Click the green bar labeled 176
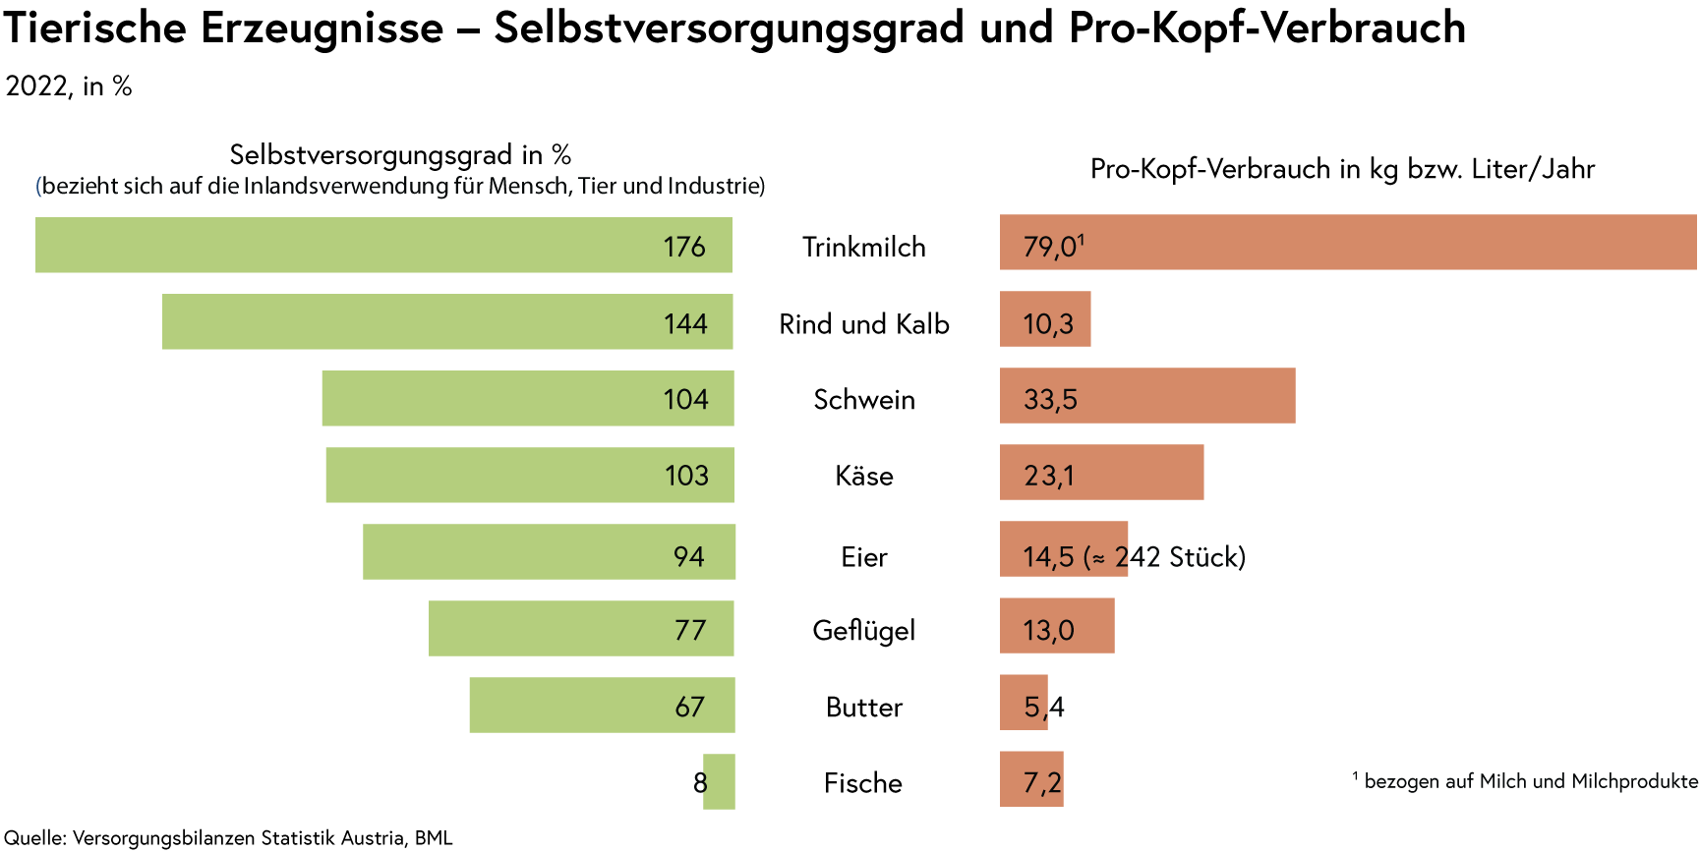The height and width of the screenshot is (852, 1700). point(383,245)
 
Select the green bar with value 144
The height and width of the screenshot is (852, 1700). point(447,321)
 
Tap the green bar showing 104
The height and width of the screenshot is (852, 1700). point(527,398)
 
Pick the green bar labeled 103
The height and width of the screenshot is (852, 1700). point(529,475)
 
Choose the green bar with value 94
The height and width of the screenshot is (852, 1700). point(549,551)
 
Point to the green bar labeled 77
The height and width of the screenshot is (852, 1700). point(581,628)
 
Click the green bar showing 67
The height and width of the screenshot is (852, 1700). point(602,705)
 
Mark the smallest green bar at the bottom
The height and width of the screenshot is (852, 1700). point(720,781)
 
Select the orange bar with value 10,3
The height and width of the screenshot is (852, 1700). point(1045,318)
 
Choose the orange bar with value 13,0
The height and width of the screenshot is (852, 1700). point(1057,626)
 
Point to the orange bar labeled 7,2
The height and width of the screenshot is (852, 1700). point(1031,779)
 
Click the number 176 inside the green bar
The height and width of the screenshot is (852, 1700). point(684,246)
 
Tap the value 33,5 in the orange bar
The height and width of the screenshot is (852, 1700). point(1050,399)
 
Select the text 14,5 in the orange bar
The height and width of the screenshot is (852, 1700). point(1048,557)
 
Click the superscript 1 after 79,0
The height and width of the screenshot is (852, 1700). point(1081,239)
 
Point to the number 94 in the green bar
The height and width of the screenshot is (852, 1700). point(688,557)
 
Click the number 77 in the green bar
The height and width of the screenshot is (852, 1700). point(690,630)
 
